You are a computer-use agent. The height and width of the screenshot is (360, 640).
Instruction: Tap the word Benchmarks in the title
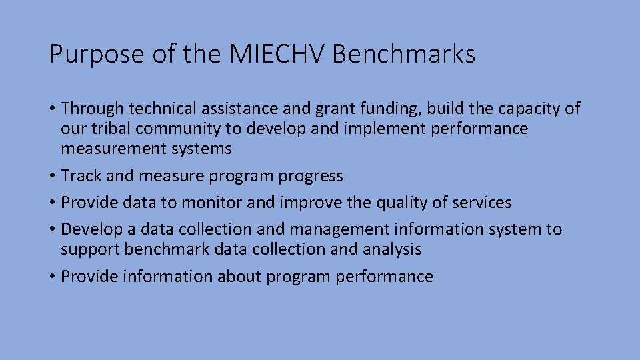point(403,54)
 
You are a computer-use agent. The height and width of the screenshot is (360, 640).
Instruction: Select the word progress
point(311,177)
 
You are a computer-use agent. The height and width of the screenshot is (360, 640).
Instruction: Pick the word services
point(479,202)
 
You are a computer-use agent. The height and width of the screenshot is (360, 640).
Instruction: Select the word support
point(91,250)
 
